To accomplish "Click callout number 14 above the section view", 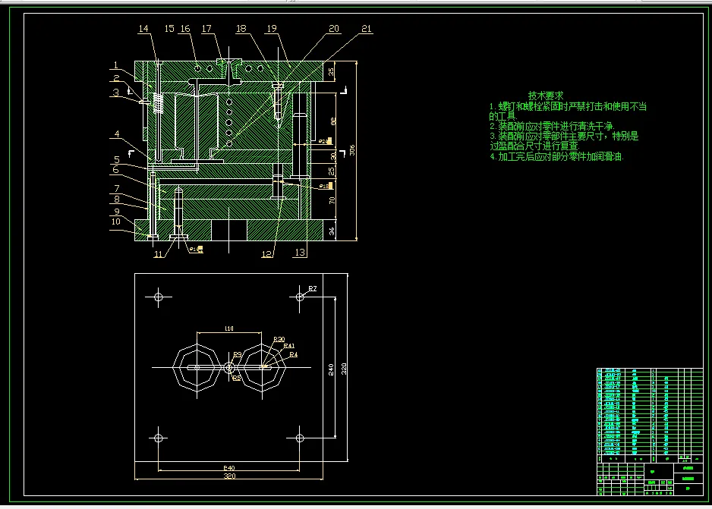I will [143, 29].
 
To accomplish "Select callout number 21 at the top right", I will [367, 29].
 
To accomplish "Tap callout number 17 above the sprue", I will [206, 29].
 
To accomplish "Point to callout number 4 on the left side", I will [117, 134].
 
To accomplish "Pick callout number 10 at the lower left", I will [115, 222].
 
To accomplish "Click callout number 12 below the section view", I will [267, 253].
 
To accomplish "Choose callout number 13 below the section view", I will [301, 253].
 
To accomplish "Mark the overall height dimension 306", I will [351, 149].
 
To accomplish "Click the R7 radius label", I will [312, 288].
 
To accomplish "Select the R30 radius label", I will [279, 339].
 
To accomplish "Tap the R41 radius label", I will [288, 346].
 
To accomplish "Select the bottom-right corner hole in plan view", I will [300, 438].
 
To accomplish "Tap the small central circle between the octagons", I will [229, 367].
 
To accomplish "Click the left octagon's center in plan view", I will [194, 367].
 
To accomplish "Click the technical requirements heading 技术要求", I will [546, 96].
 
